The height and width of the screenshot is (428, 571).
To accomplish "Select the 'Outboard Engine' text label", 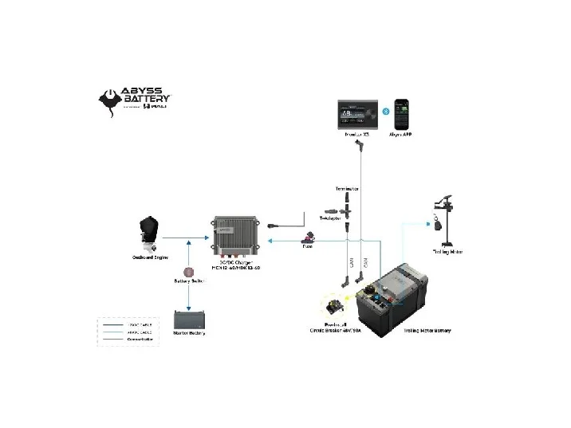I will click(x=149, y=257).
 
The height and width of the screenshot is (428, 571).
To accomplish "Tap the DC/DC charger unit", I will click(x=237, y=236).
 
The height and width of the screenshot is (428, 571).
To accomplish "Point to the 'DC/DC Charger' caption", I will click(x=236, y=264).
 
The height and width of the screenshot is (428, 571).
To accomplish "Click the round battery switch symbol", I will click(x=189, y=272).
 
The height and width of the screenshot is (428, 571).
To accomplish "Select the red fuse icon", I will click(x=308, y=238).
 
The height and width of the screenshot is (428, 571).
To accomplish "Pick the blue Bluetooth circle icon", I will click(x=384, y=111).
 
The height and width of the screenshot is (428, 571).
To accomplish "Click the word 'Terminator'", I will click(x=346, y=189).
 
